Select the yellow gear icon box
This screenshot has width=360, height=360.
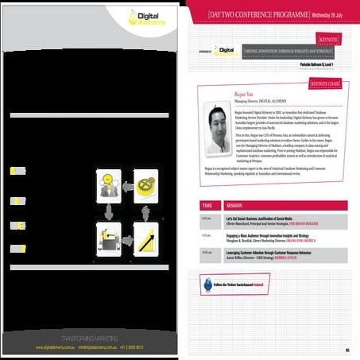click(x=145, y=185)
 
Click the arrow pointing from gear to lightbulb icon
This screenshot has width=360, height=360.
click(x=127, y=185)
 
